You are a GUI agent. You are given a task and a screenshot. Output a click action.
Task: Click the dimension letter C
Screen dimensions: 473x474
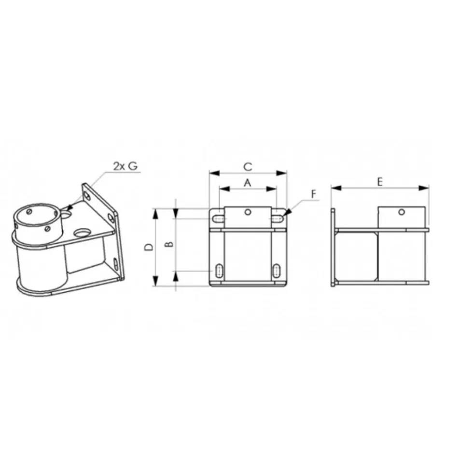coord(248,167)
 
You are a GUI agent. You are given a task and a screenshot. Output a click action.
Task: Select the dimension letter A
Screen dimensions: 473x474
coord(248,183)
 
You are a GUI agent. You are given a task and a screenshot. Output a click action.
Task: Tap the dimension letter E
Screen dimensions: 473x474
coord(380,182)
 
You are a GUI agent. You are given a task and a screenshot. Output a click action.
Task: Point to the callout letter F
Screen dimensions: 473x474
coord(314,194)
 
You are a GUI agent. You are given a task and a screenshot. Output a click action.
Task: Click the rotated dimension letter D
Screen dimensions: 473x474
coord(149,247)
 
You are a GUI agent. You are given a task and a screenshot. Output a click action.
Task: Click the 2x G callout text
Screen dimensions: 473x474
coord(125,166)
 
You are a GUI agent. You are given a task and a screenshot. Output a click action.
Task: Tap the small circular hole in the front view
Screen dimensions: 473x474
coord(248,212)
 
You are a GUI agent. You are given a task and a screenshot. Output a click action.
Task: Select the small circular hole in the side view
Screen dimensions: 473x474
coord(402,212)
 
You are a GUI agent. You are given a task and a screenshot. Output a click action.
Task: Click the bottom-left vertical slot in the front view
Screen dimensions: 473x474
coord(219,271)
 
